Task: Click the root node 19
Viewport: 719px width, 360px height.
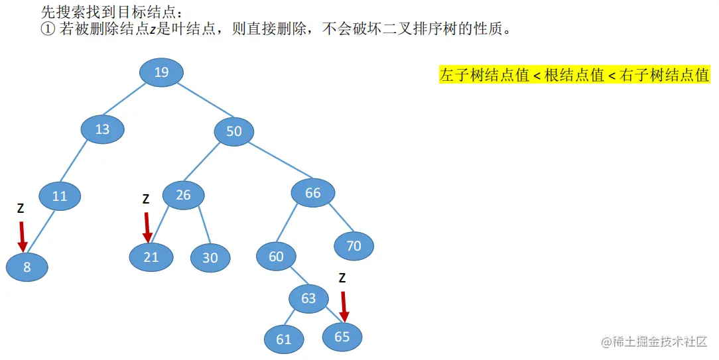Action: pos(162,72)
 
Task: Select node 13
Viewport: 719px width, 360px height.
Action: pos(102,129)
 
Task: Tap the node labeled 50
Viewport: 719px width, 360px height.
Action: pos(234,131)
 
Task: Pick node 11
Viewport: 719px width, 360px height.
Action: pos(60,196)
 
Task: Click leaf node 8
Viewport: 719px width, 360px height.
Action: pos(27,268)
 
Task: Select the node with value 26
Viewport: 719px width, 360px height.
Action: pos(183,195)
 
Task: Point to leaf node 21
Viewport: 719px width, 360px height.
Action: pos(151,257)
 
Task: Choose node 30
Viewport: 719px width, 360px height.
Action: pos(210,258)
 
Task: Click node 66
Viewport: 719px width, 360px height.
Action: pos(312,193)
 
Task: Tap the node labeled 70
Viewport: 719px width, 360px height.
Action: pos(354,246)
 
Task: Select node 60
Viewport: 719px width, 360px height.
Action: pos(276,257)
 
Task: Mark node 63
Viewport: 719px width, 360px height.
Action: pos(308,298)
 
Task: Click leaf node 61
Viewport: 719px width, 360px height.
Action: pos(284,339)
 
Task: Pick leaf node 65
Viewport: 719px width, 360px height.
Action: pos(342,337)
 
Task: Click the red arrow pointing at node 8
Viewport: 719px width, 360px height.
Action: pos(22,236)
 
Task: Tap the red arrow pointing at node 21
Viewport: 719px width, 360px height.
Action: pos(147,225)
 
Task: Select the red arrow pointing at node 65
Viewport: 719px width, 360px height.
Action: pos(344,304)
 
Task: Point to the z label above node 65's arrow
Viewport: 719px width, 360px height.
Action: pos(342,278)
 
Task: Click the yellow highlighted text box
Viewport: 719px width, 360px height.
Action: pos(574,75)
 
